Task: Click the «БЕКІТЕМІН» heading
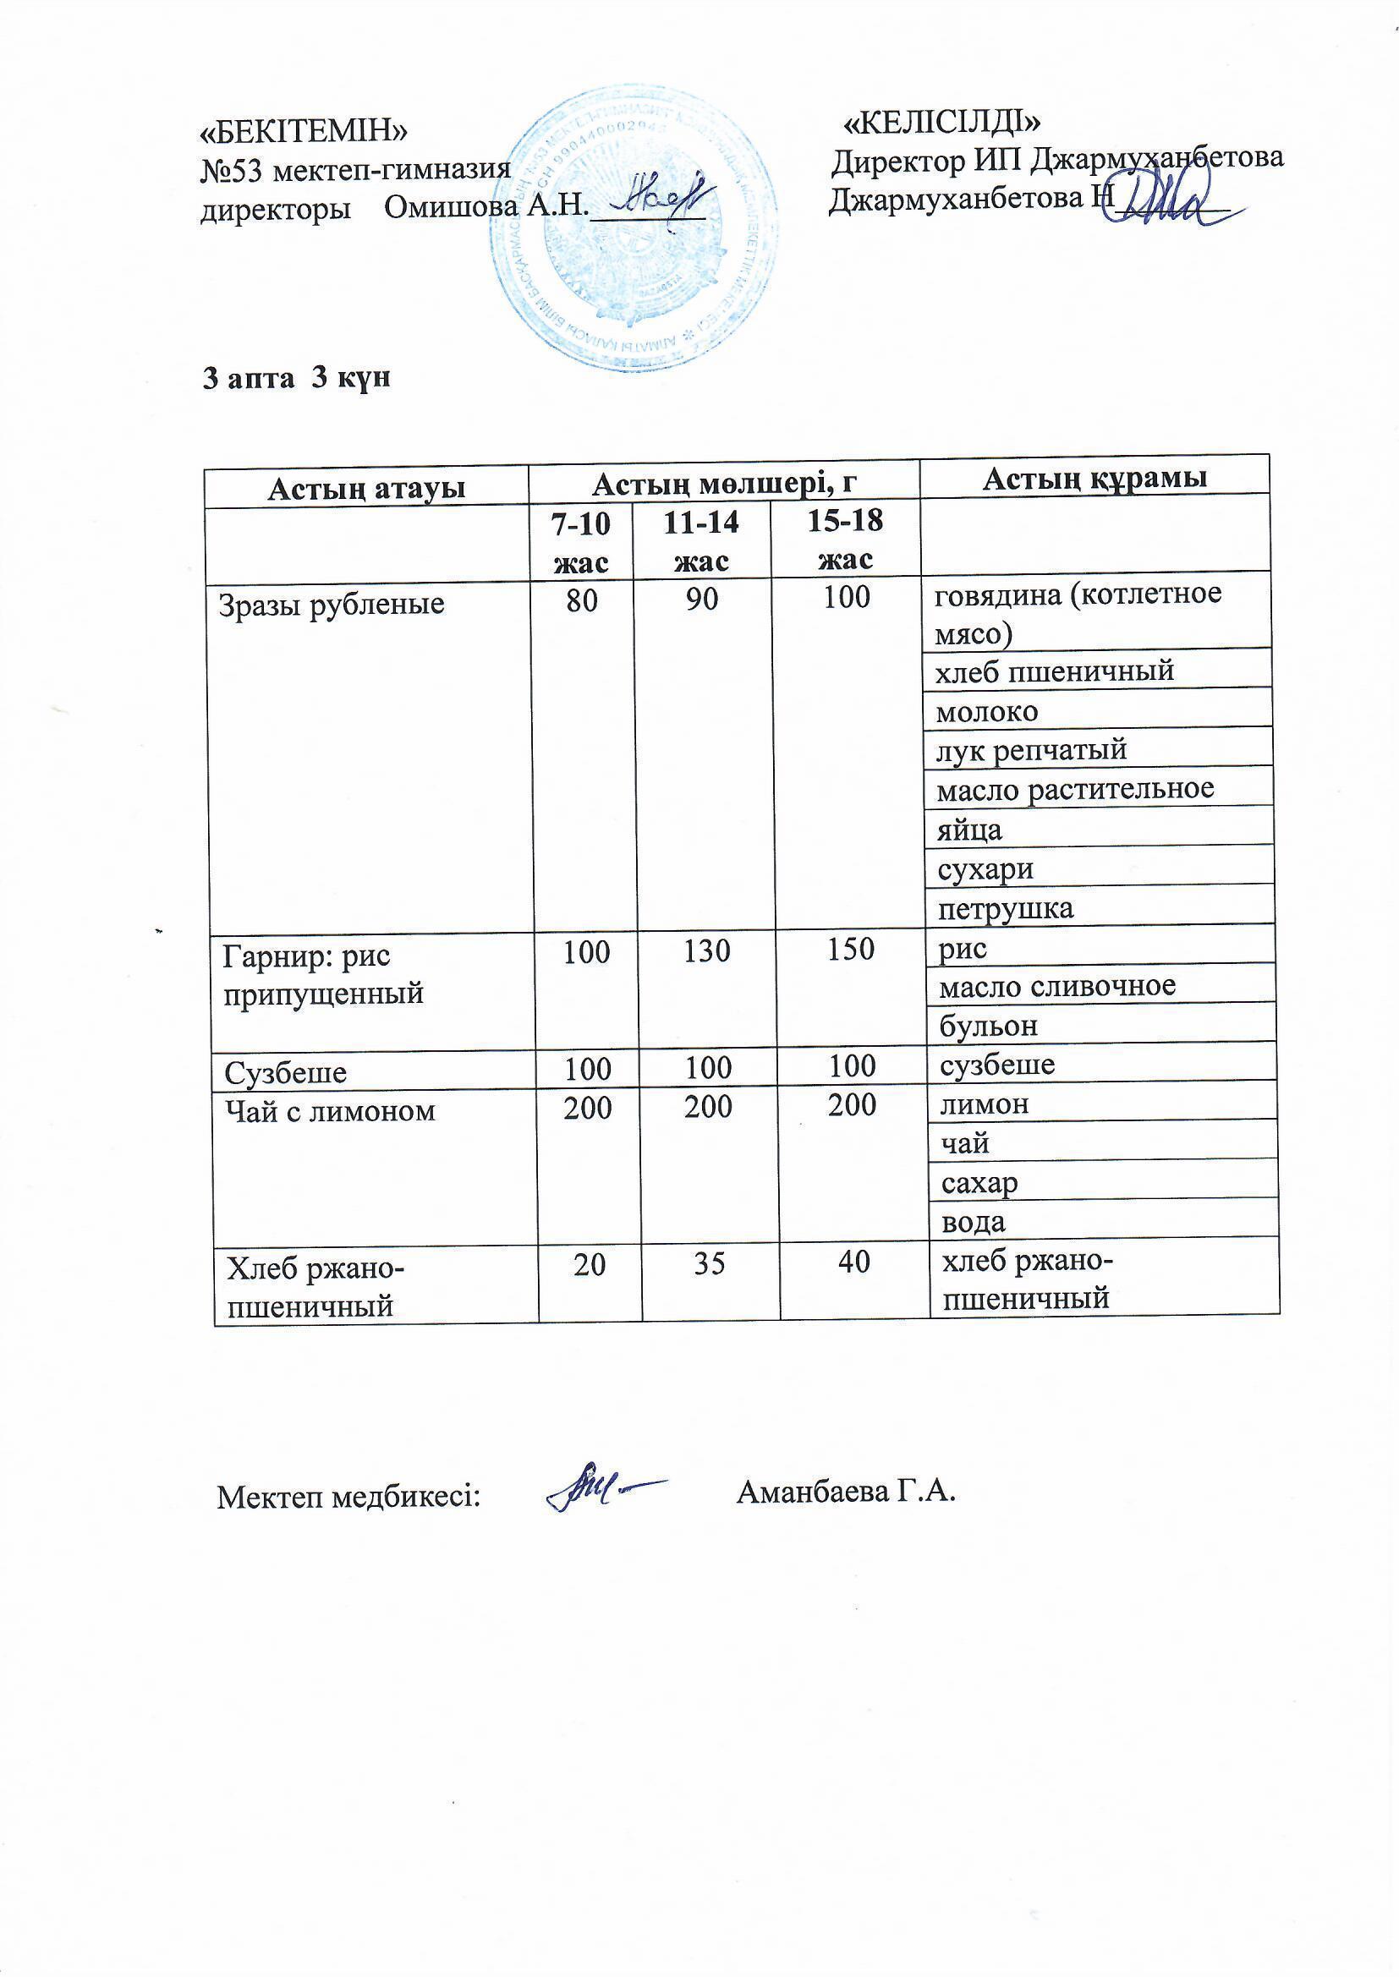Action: coord(304,130)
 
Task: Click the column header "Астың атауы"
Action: coord(367,488)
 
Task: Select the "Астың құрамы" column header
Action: coord(1094,478)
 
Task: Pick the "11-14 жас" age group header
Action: coord(701,540)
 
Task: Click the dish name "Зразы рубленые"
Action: coord(332,604)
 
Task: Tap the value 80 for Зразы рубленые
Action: coord(582,600)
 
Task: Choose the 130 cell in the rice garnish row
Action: coord(707,950)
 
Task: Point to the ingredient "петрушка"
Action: coord(1007,908)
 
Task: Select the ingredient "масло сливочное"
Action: coord(1057,985)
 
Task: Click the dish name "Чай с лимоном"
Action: coord(330,1111)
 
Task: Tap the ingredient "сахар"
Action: coord(979,1183)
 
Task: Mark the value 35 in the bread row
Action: coord(710,1263)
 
